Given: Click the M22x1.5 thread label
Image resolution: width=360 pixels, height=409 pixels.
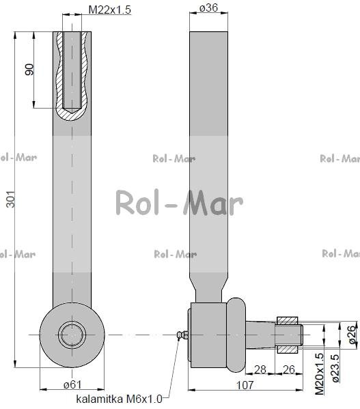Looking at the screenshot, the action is (x=109, y=10).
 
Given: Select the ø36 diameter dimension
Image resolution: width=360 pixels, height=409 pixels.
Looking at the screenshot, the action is (x=208, y=8).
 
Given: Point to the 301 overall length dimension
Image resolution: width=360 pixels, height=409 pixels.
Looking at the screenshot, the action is (x=11, y=199).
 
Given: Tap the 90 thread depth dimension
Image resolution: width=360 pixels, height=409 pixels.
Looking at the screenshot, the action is (x=29, y=70).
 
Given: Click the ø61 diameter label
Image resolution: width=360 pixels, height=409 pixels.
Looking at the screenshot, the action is (x=72, y=384).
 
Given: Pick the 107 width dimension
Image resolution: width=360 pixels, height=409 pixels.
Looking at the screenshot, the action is (x=245, y=385).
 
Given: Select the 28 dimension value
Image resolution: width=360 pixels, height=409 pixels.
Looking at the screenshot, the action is (x=260, y=369).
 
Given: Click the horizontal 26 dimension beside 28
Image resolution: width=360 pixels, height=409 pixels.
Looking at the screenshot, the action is (x=289, y=369).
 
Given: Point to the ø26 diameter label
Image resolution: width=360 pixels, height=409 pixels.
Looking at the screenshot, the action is (x=352, y=335).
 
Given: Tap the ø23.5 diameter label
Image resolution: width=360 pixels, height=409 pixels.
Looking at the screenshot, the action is (x=335, y=368).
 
